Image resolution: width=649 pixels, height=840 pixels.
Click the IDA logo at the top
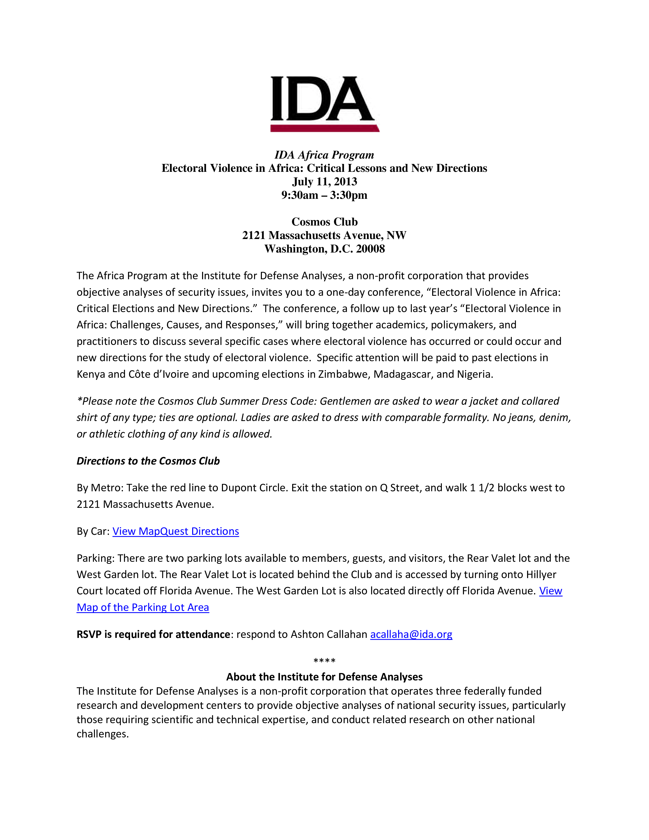(x=324, y=99)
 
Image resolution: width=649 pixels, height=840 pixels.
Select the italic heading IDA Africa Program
(x=324, y=155)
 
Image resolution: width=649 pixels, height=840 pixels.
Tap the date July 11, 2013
(x=324, y=181)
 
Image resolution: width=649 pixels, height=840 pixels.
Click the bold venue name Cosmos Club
(x=324, y=222)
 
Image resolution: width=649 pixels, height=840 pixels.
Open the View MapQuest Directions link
(x=176, y=531)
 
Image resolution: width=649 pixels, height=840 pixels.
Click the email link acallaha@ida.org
(x=411, y=634)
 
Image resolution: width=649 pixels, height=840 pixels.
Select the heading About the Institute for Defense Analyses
(x=324, y=677)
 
